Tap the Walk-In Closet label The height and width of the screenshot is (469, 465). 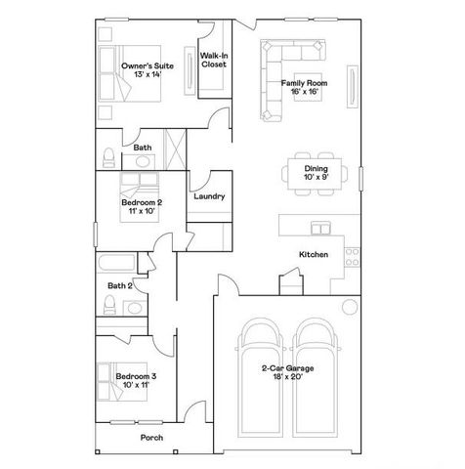[214, 62]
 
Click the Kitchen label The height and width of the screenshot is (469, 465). [313, 255]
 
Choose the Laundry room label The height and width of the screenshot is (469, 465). [209, 196]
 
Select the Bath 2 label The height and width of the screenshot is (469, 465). [120, 285]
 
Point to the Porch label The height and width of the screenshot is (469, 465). [151, 437]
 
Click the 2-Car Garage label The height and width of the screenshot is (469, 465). [286, 372]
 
